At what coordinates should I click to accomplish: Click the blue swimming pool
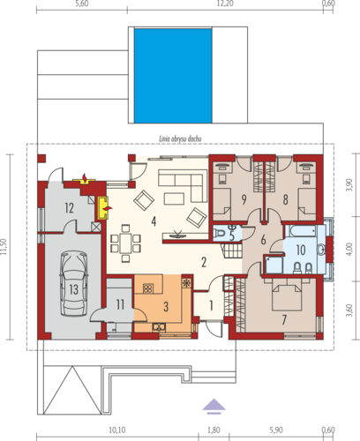coord(173,76)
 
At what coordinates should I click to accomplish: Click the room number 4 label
coord(154,221)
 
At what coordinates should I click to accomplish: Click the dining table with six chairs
coord(125,243)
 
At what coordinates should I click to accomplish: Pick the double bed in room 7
coord(287,295)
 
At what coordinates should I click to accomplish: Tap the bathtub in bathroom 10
coord(301,231)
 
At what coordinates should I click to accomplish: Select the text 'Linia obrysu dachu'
coord(180,138)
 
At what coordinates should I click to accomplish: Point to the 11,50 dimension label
coord(4,247)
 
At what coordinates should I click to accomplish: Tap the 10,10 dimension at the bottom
coord(117,430)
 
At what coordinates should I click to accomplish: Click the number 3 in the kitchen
coord(166,307)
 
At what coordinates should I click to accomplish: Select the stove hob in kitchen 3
coord(148,288)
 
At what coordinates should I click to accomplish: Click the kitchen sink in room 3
coord(159,327)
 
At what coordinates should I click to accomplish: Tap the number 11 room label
coord(120,304)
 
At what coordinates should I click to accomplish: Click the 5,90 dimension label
coord(276,430)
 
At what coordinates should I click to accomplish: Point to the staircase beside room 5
coord(232,250)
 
